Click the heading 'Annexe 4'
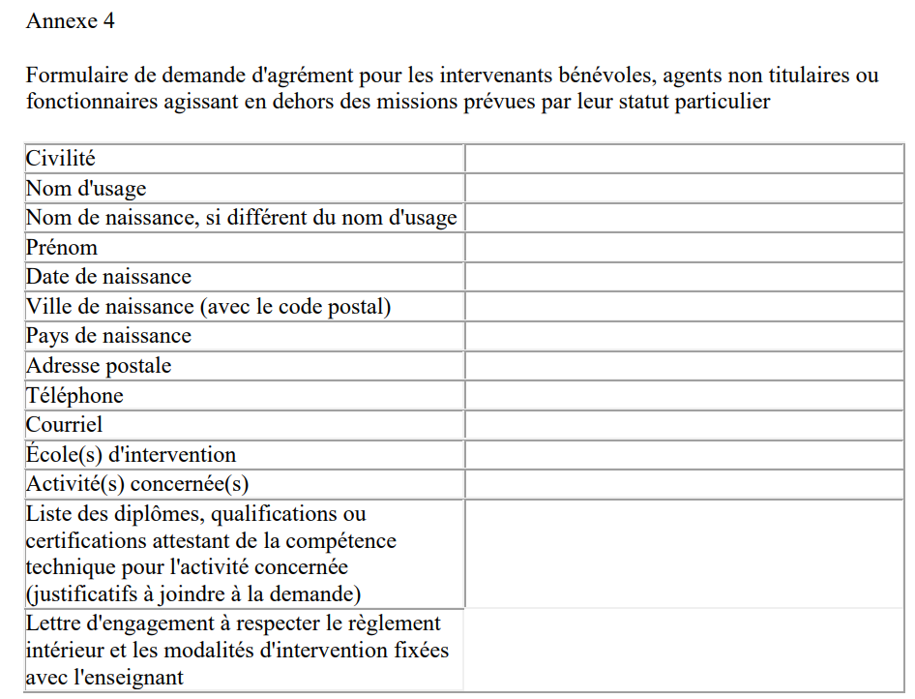[x=71, y=20]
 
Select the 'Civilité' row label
[x=60, y=159]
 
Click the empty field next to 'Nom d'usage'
[x=684, y=188]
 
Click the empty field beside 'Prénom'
[x=684, y=247]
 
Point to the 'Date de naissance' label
[x=108, y=277]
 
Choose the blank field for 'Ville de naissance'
[x=684, y=307]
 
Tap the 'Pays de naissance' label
[x=108, y=336]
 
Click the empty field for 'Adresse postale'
[x=684, y=366]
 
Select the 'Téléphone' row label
[x=74, y=395]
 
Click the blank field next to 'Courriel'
[x=684, y=425]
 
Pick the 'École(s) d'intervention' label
[x=131, y=454]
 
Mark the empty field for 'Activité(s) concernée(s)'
[x=684, y=484]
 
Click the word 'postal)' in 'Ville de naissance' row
[x=361, y=307]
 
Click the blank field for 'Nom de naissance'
[x=684, y=218]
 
